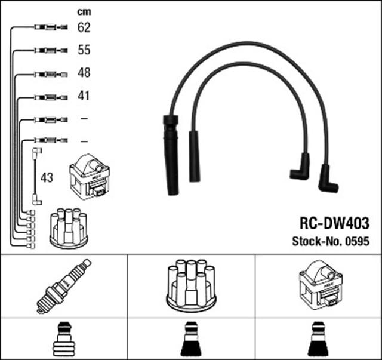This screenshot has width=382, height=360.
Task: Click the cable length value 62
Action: click(x=84, y=27)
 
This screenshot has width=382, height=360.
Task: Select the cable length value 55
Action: click(x=84, y=50)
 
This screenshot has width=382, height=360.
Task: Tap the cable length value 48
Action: click(x=84, y=73)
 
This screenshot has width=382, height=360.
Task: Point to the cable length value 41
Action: click(x=84, y=96)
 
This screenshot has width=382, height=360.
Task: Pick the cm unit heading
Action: click(x=84, y=11)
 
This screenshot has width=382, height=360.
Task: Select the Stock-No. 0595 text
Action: click(x=331, y=241)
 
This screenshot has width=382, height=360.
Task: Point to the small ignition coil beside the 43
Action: click(x=90, y=177)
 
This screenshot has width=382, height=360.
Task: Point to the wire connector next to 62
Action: click(x=50, y=27)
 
